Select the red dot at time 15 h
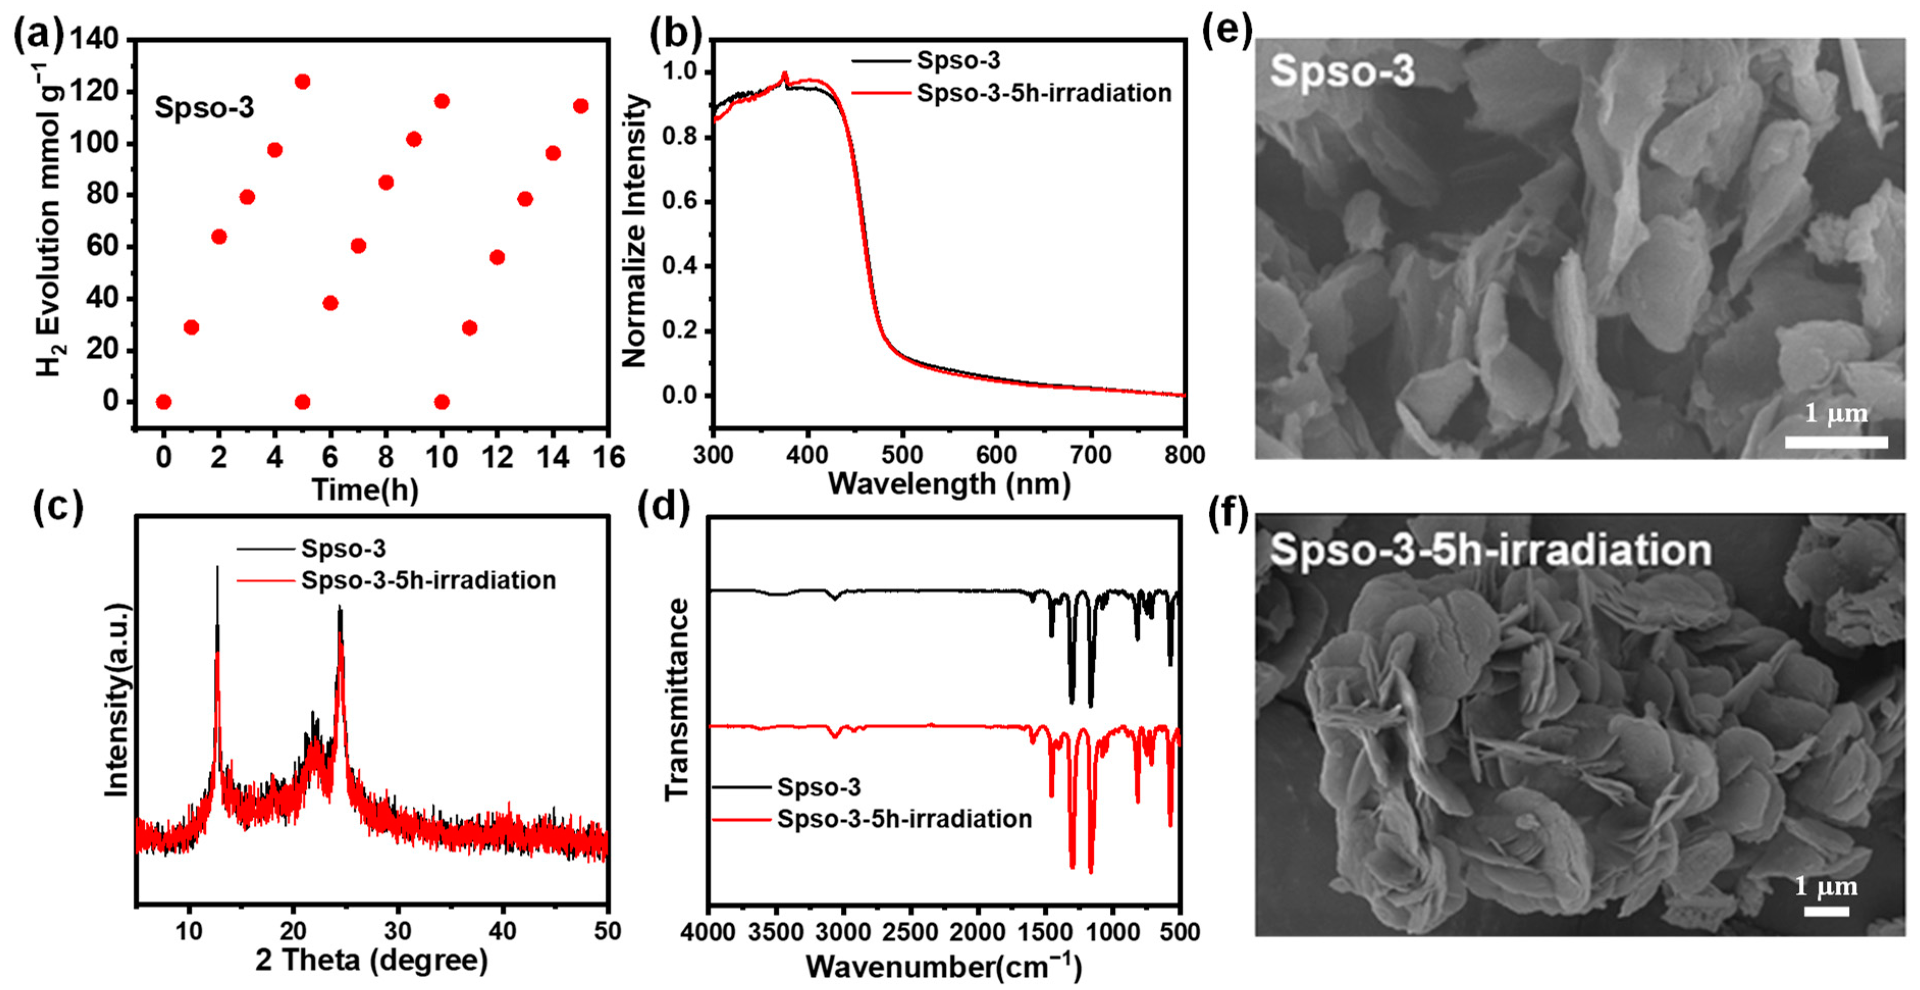click(x=580, y=106)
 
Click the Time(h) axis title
click(x=365, y=490)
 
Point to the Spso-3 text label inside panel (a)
click(x=204, y=108)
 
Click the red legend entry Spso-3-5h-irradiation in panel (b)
click(x=1044, y=93)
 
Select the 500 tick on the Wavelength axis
click(x=902, y=454)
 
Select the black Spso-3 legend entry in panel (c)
click(x=343, y=549)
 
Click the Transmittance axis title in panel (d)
click(x=676, y=699)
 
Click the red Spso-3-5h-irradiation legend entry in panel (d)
click(x=903, y=819)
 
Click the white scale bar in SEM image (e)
click(x=1836, y=442)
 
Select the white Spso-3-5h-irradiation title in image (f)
click(x=1490, y=550)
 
